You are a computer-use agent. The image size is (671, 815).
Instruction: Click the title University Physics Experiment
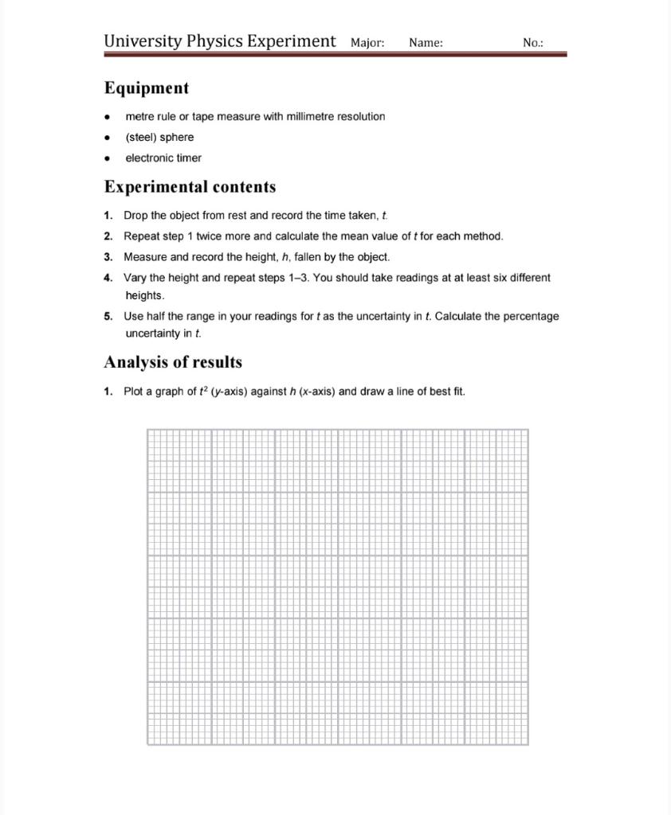[x=220, y=41]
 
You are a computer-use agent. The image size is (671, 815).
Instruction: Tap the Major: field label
[x=367, y=43]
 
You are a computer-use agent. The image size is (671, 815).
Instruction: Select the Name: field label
[x=426, y=43]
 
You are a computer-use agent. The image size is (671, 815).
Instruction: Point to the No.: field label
[x=533, y=43]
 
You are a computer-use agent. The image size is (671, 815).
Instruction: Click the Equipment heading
[x=147, y=88]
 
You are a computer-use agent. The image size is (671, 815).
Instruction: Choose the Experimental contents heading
[x=190, y=187]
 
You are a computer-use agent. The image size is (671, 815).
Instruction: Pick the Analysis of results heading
[x=173, y=362]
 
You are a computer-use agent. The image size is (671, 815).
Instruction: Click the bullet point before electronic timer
[x=108, y=158]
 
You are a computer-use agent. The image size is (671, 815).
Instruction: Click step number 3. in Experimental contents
[x=108, y=257]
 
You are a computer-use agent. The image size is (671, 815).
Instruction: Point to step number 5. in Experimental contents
[x=108, y=316]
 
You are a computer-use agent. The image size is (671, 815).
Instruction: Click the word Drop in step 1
[x=135, y=216]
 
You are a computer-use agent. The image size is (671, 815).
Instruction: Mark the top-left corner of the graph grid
[x=147, y=429]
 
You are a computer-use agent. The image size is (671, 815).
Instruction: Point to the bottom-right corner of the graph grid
[x=528, y=744]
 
